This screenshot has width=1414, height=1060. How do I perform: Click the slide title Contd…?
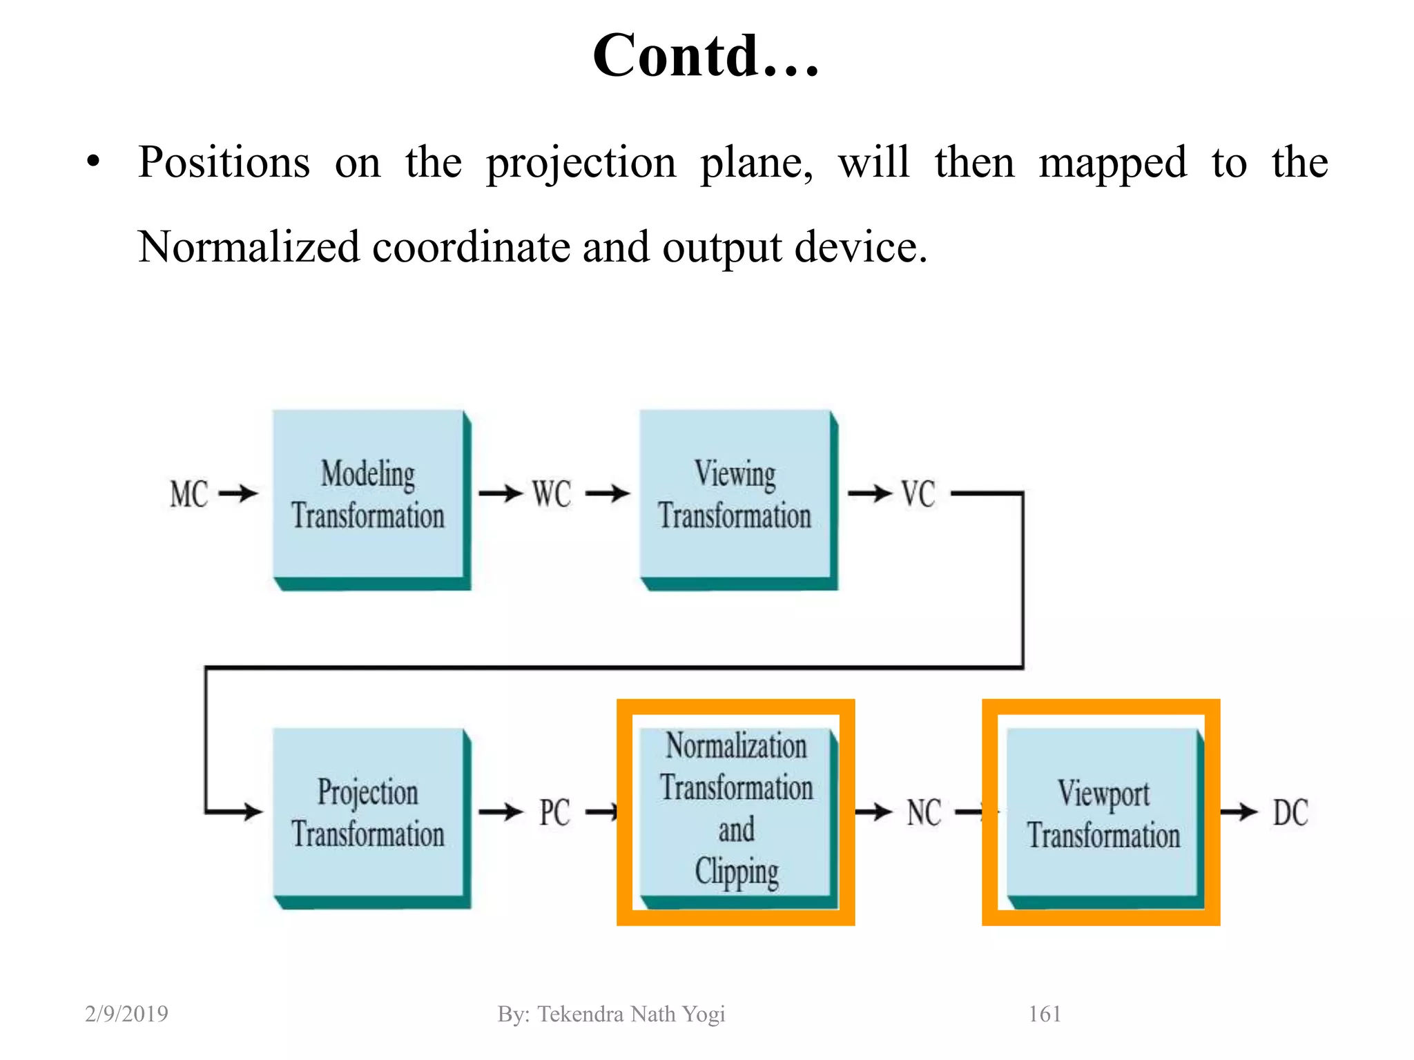(x=706, y=57)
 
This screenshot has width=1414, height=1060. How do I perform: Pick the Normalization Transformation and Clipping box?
(x=735, y=811)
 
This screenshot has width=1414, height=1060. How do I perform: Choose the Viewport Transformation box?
(x=1103, y=814)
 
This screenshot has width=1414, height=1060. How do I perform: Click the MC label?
(x=188, y=495)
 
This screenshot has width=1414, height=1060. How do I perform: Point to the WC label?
(x=552, y=495)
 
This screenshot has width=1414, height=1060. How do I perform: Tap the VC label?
(x=918, y=495)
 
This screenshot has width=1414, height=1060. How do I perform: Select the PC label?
(x=554, y=813)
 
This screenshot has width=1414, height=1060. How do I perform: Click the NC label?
(x=924, y=813)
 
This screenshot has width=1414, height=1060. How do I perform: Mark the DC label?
(x=1290, y=813)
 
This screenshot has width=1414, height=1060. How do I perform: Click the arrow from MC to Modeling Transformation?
(x=238, y=493)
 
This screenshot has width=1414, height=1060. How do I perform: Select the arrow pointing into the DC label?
(x=1239, y=812)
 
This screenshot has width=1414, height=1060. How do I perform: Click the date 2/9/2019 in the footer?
(x=126, y=1014)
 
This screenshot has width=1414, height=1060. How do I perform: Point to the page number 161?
(x=1045, y=1014)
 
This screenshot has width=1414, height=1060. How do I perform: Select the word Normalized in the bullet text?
(x=249, y=247)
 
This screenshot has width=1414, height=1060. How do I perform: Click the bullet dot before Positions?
(x=93, y=164)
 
